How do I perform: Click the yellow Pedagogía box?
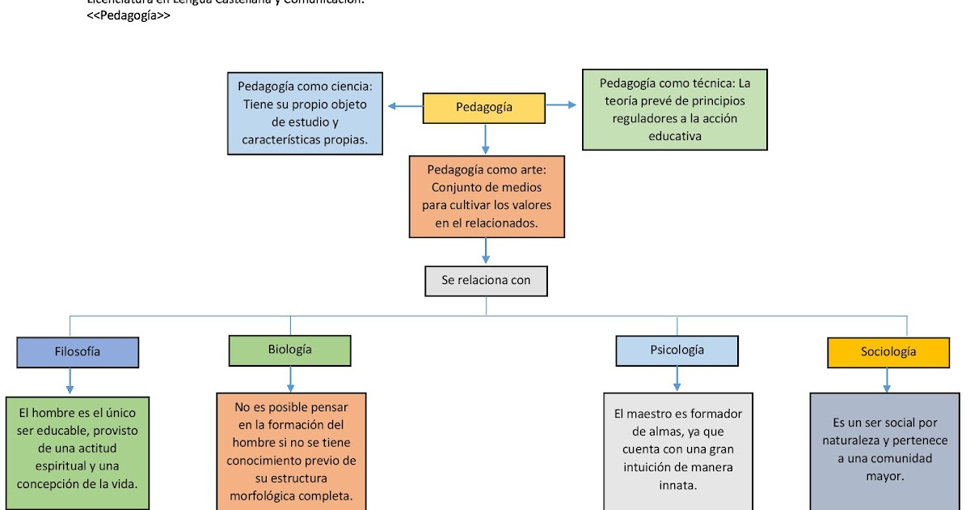[483, 108]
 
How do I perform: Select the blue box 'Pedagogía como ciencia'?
[304, 113]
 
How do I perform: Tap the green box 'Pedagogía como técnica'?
[674, 109]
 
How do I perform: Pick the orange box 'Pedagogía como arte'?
[486, 197]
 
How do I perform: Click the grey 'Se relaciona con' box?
[486, 281]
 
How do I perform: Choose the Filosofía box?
[78, 352]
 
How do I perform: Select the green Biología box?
[289, 350]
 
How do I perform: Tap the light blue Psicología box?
[677, 351]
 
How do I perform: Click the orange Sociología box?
[888, 352]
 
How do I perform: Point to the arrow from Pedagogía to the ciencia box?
[404, 106]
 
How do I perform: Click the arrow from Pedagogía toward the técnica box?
[561, 104]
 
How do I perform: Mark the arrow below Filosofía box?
[70, 381]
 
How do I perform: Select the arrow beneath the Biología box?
[290, 379]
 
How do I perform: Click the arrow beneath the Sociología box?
[888, 380]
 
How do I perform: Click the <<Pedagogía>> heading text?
[129, 15]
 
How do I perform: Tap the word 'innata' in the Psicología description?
[677, 485]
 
